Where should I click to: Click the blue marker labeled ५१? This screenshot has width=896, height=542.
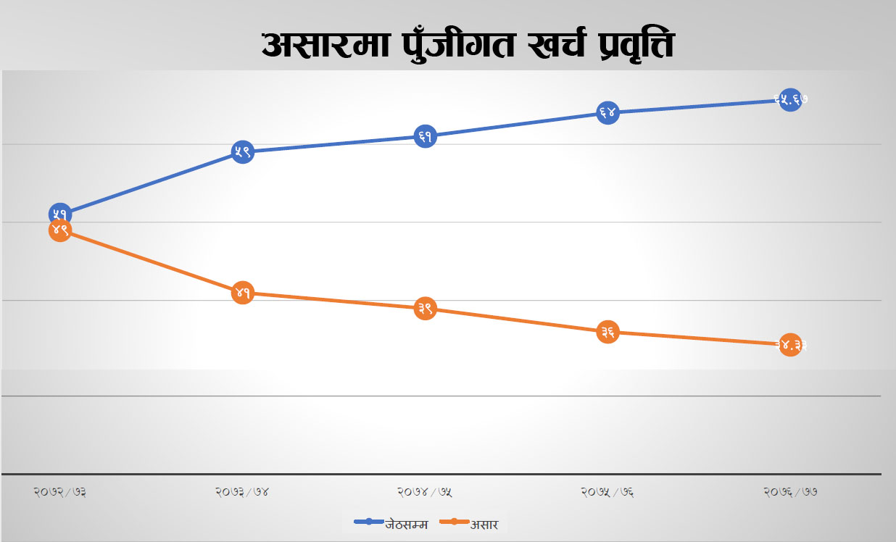tap(59, 214)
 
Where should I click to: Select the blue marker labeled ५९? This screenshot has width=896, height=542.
tap(242, 151)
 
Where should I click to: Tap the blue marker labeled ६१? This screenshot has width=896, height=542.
tap(425, 136)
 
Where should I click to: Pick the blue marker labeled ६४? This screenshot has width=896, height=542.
tap(607, 112)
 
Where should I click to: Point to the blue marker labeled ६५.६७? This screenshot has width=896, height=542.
tap(790, 100)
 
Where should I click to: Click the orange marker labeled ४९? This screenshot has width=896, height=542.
tap(59, 230)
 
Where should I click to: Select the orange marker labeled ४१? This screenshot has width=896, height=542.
tap(242, 293)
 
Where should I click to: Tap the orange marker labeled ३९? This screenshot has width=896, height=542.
tap(425, 309)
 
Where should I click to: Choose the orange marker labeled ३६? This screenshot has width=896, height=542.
tap(607, 332)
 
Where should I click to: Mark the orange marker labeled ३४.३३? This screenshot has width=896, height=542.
tap(790, 345)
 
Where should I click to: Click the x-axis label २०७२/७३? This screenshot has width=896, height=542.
tap(60, 492)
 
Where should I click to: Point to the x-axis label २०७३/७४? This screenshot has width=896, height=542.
tap(242, 492)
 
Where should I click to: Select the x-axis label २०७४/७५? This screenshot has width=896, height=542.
tap(425, 492)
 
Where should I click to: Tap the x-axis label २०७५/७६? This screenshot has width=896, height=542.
tap(607, 492)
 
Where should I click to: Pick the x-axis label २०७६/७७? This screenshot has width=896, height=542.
tap(790, 492)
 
